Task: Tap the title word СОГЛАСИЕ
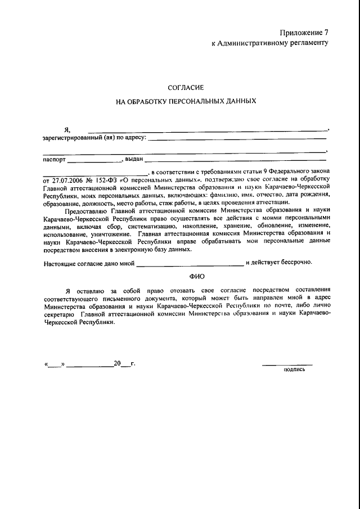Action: click(x=186, y=87)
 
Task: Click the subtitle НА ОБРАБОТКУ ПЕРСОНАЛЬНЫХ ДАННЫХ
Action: click(x=186, y=102)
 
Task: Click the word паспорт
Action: click(x=54, y=160)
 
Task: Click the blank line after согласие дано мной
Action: click(x=190, y=264)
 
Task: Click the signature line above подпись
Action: click(x=287, y=365)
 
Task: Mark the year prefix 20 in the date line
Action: click(x=117, y=363)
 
